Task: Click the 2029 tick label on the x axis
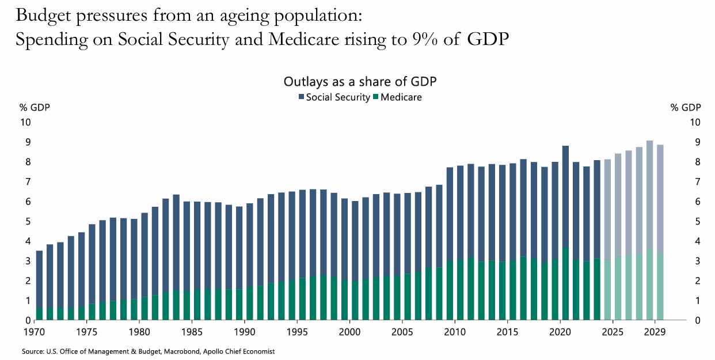(x=655, y=332)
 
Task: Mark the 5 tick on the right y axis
(x=695, y=222)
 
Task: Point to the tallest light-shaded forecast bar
(x=649, y=230)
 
